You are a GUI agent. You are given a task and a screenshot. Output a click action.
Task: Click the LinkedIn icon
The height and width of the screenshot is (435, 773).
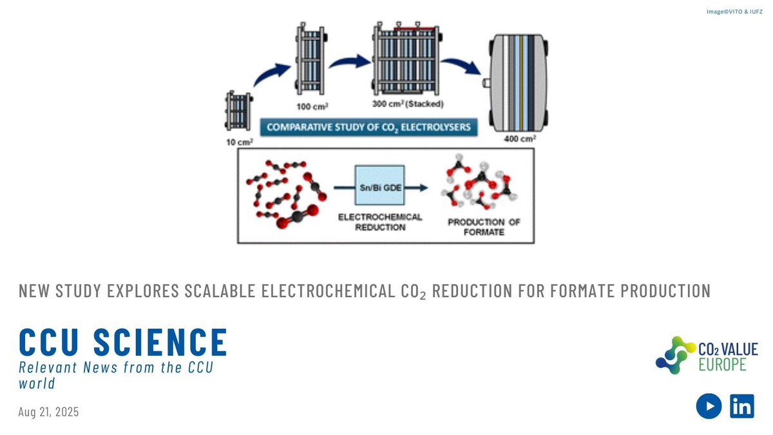742,406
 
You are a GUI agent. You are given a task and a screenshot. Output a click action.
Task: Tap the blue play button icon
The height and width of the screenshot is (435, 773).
708,406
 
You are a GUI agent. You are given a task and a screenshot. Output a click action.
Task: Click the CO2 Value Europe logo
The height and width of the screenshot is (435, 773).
707,355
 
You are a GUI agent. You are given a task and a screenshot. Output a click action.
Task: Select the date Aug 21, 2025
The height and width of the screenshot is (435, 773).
49,412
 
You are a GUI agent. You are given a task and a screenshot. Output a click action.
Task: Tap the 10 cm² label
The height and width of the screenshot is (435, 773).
239,142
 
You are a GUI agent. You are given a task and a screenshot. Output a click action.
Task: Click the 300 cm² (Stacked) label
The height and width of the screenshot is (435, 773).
407,104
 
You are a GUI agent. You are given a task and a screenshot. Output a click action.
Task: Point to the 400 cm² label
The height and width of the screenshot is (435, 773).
521,139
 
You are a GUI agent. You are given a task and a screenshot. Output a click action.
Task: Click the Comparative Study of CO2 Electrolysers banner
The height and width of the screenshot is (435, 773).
369,127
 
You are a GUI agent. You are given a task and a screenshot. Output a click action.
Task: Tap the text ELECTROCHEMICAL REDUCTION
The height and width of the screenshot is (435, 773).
380,222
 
